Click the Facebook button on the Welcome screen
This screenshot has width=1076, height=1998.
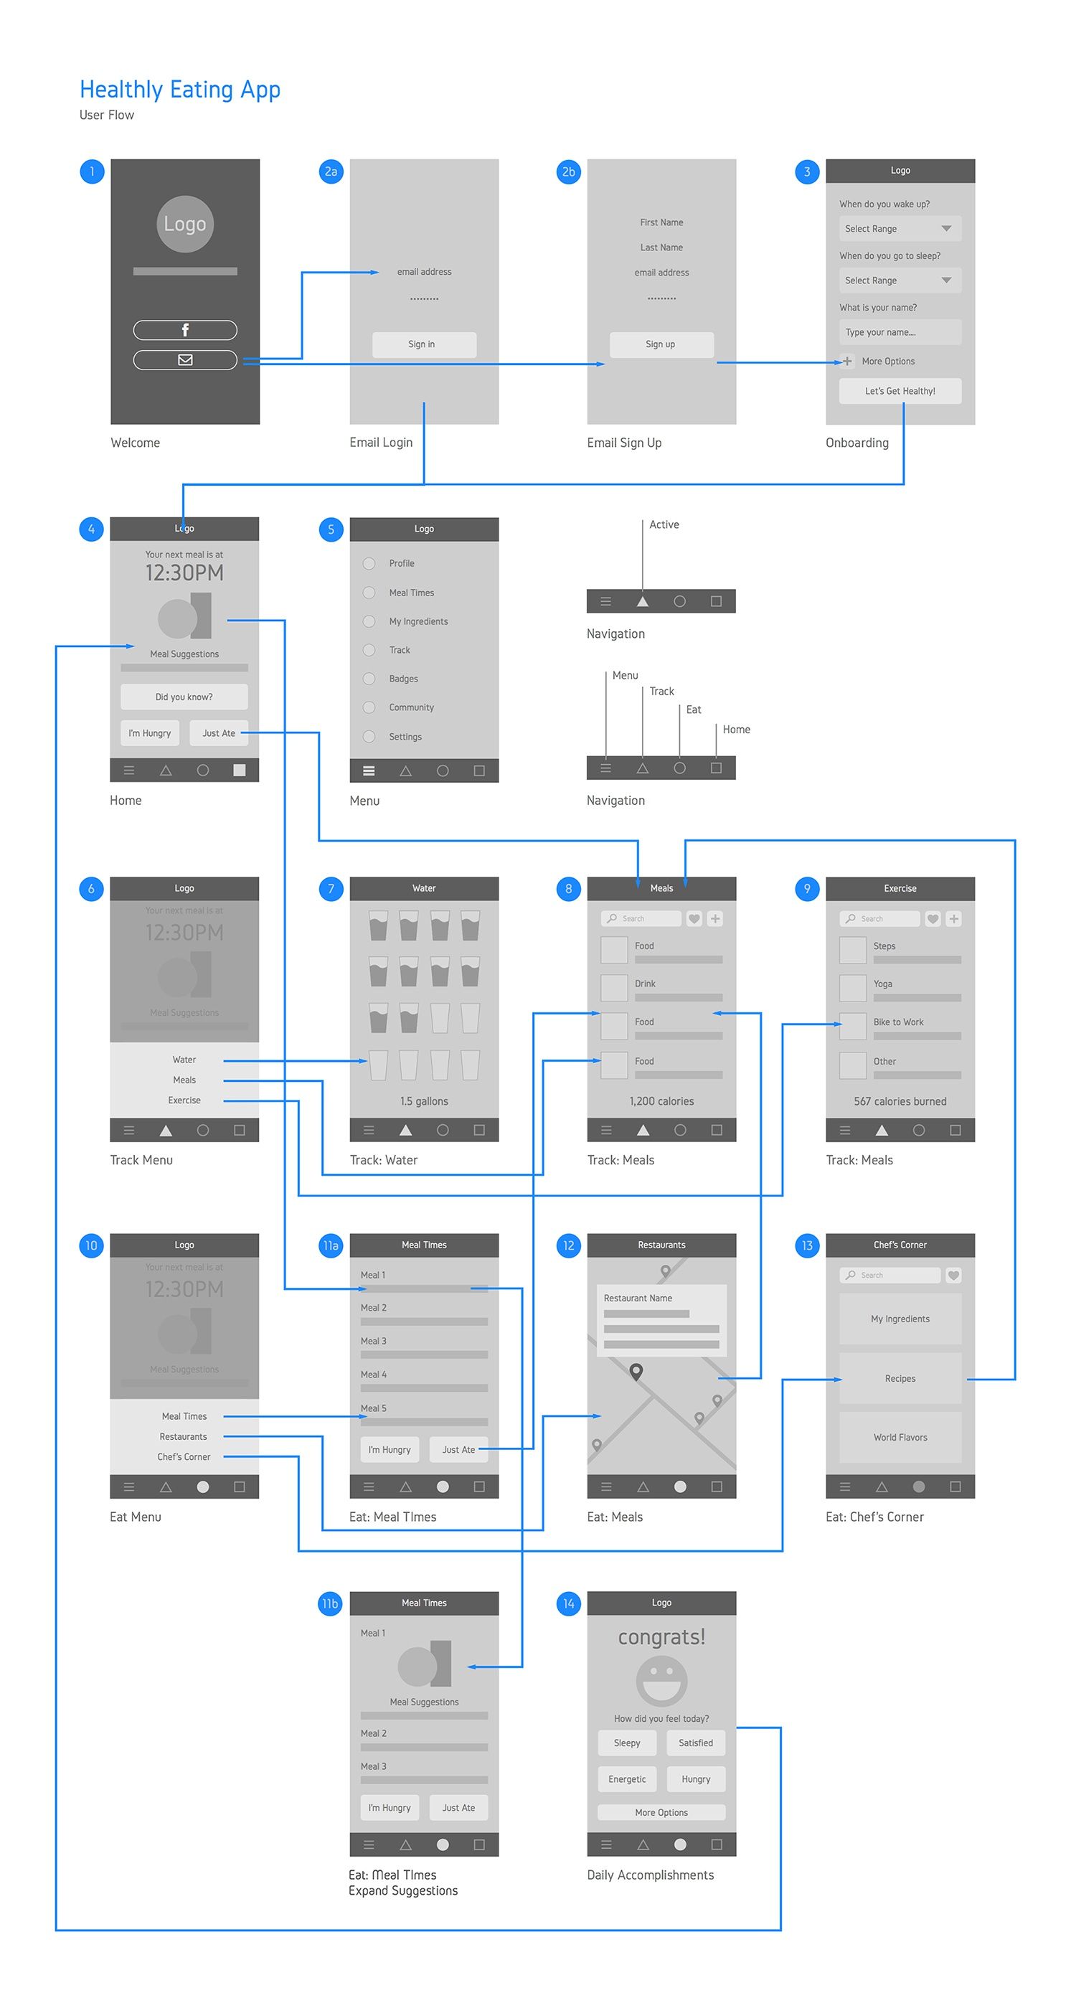click(184, 329)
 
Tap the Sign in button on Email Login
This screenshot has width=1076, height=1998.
click(423, 344)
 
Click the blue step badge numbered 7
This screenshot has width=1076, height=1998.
click(331, 889)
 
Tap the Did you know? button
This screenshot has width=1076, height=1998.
click(184, 697)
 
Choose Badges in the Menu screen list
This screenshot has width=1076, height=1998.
click(402, 679)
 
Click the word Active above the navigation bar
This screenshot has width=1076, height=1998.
click(664, 525)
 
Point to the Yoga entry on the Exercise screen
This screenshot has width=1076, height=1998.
click(882, 984)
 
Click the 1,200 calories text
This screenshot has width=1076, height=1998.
click(661, 1101)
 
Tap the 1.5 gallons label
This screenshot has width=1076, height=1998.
click(423, 1101)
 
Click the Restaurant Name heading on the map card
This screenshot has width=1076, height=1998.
click(638, 1299)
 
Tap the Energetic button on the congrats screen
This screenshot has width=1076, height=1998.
click(626, 1779)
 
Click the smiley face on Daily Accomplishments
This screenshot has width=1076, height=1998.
click(661, 1681)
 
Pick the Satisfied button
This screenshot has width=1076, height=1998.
click(695, 1743)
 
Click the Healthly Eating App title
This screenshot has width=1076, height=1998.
click(180, 90)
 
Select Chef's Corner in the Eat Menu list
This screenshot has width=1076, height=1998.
click(184, 1456)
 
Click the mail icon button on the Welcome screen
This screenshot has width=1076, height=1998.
click(184, 360)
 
